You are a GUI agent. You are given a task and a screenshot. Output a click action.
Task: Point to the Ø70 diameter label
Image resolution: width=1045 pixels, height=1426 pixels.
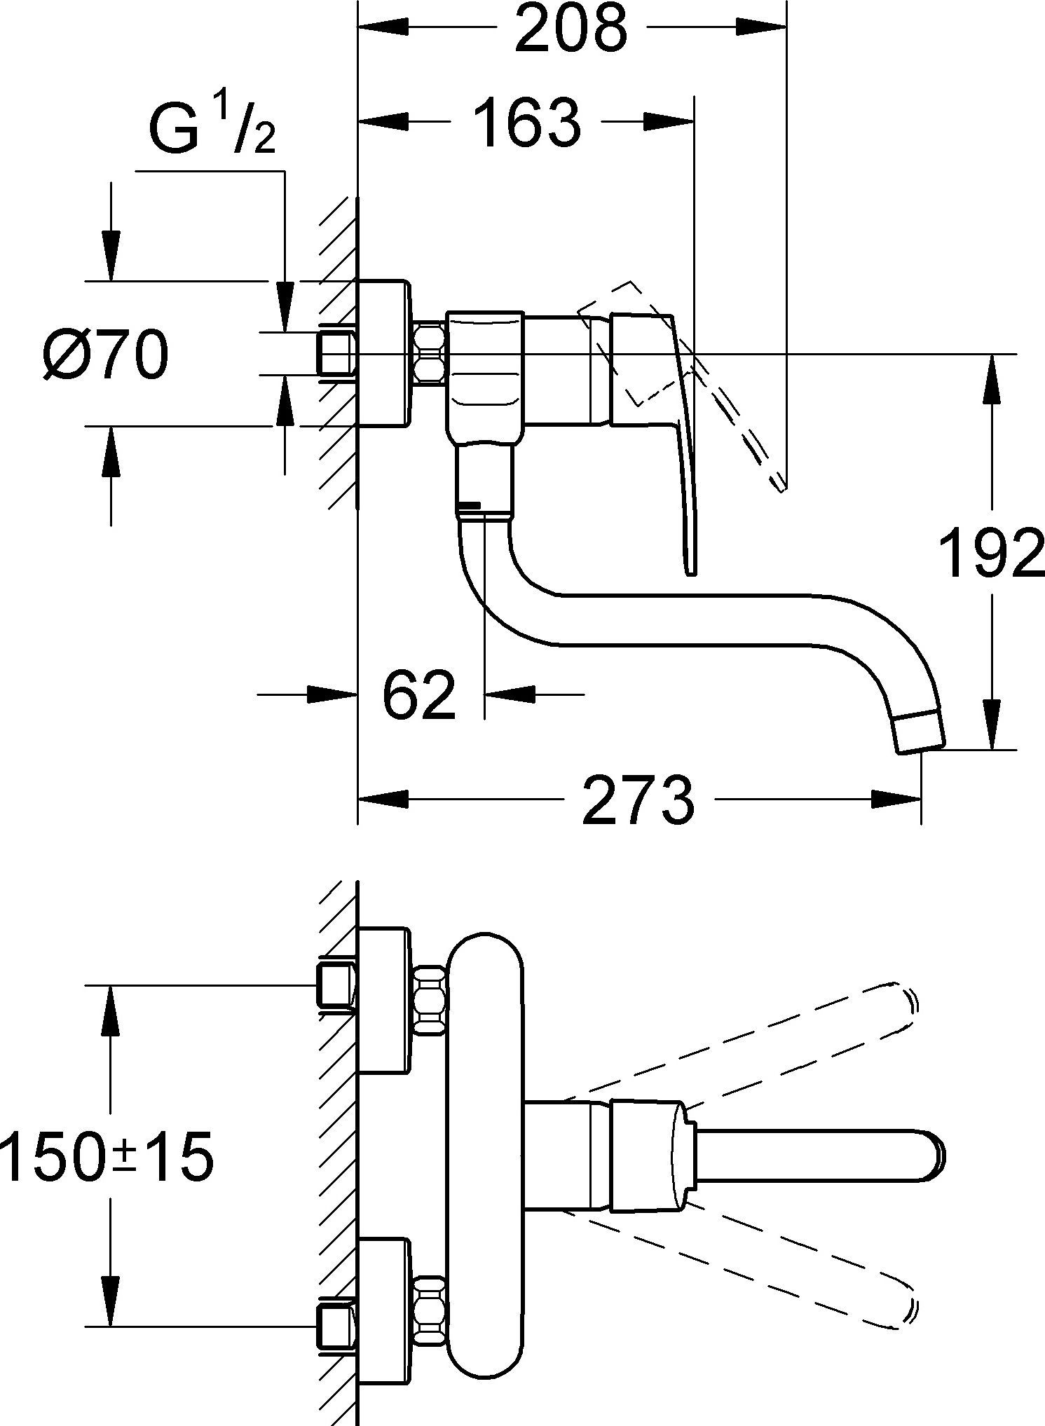105,355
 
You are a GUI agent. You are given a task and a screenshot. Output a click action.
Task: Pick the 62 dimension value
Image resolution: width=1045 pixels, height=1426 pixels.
419,694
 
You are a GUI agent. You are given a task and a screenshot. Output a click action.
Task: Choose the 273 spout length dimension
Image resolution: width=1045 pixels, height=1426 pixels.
638,799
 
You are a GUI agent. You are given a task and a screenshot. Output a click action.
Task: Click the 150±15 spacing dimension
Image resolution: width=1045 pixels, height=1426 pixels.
107,1157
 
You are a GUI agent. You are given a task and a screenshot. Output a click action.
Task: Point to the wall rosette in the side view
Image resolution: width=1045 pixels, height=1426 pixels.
383,353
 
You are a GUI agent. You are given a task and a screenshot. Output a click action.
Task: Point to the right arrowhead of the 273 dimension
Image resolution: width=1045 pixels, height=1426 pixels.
897,799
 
